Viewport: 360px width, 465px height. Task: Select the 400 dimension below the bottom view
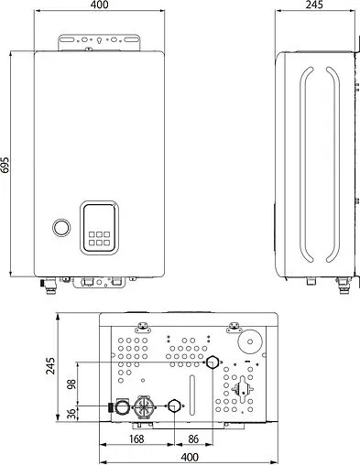click(190, 457)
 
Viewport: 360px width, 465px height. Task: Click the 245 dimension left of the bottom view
click(50, 367)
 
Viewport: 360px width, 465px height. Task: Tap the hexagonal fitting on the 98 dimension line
click(213, 363)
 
